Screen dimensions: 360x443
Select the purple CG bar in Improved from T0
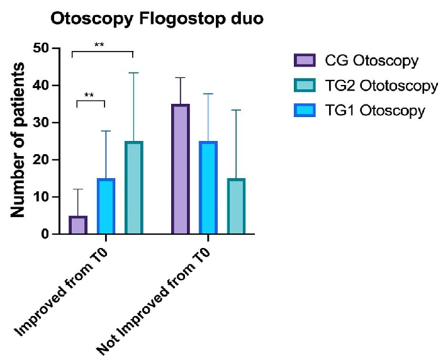click(78, 225)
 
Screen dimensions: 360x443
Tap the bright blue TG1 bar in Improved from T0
click(106, 206)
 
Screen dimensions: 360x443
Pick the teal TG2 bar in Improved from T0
click(133, 188)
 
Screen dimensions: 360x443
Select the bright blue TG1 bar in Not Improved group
click(208, 188)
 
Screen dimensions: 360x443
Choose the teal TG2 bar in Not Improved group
click(235, 206)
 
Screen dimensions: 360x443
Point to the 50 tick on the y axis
click(43, 48)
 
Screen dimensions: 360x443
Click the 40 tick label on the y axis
click(43, 86)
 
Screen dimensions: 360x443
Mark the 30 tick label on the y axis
click(43, 123)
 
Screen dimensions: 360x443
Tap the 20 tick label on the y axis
click(43, 160)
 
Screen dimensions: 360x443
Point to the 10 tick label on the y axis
click(43, 197)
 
